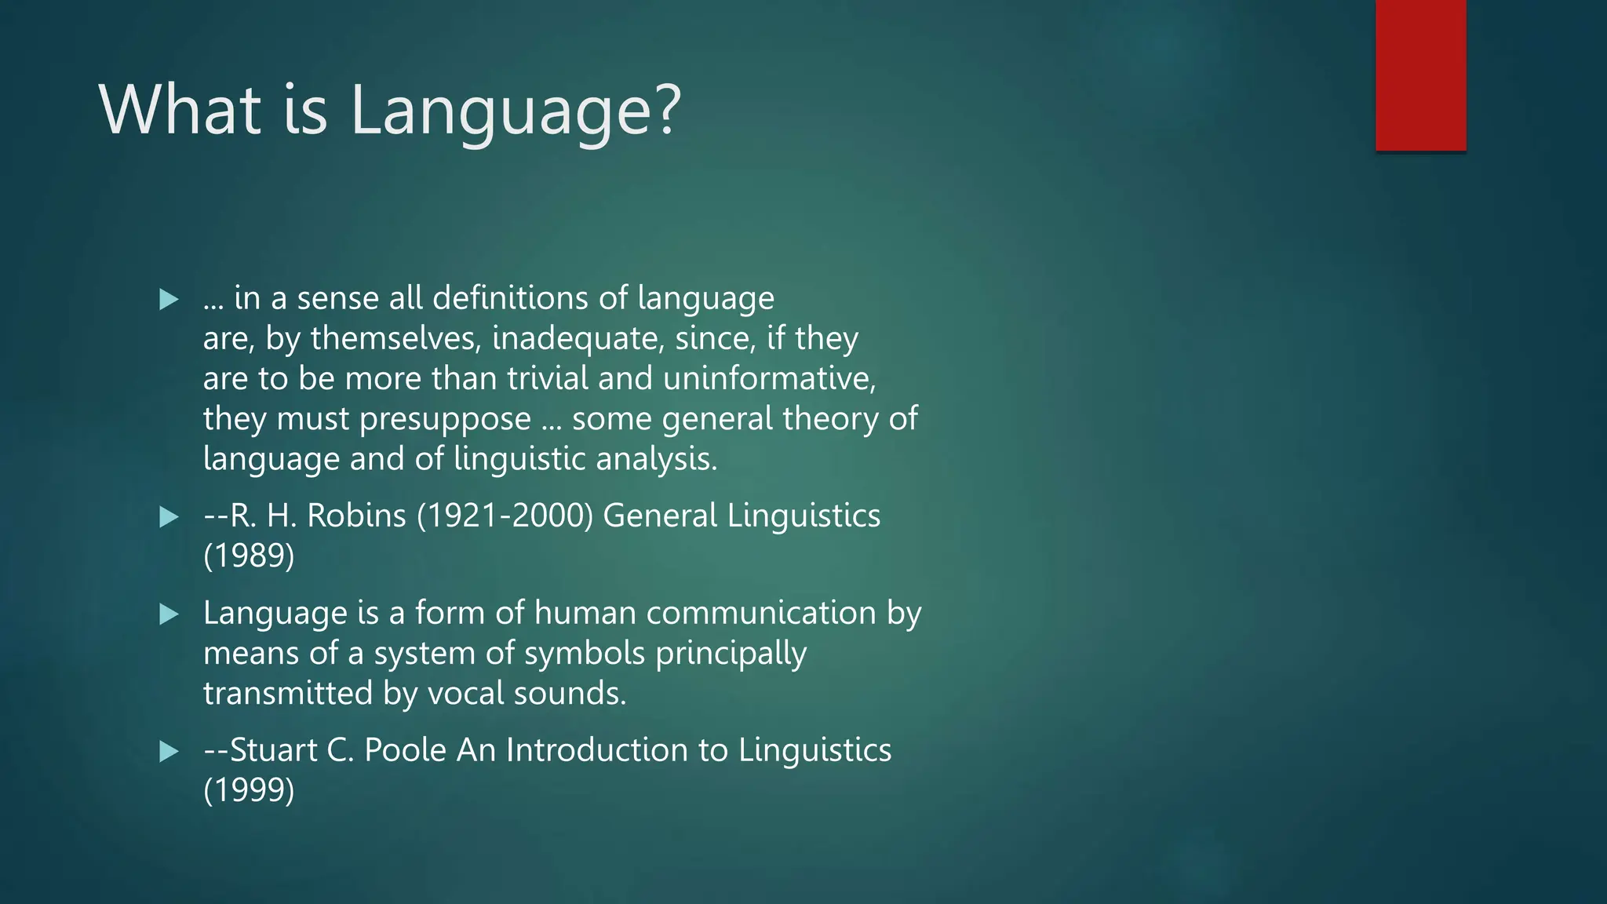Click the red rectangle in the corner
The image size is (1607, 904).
tap(1420, 75)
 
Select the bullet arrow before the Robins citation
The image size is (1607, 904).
tap(169, 517)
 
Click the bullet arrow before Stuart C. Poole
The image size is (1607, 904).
tap(169, 752)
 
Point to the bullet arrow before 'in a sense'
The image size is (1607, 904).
tap(169, 299)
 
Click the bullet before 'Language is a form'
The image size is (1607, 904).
tap(169, 614)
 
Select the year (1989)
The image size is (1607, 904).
tap(249, 556)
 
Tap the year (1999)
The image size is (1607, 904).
tap(249, 790)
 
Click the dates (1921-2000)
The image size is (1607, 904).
tap(505, 516)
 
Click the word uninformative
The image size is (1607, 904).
tap(769, 379)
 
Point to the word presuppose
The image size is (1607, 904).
tap(445, 420)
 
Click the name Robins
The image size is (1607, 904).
tap(356, 516)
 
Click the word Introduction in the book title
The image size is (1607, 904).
tap(596, 750)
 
